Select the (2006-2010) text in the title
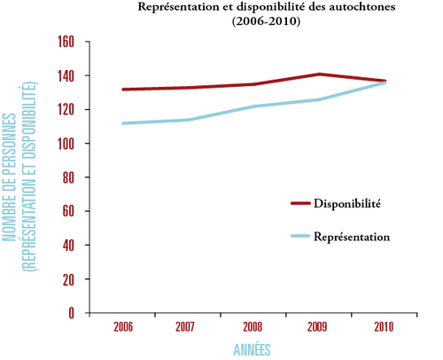tap(266, 21)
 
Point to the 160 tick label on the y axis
tap(66, 42)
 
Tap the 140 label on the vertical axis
tap(66, 75)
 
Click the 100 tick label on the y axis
tap(66, 144)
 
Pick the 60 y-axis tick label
tap(68, 211)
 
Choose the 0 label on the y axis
tap(71, 313)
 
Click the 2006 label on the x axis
tap(123, 327)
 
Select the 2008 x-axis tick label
tap(253, 327)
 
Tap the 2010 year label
tap(384, 327)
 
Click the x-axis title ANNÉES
tap(252, 349)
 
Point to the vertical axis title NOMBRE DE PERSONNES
tap(9, 177)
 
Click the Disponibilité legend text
tap(347, 204)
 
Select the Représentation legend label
tap(352, 237)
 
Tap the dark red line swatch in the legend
tap(300, 203)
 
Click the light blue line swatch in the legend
tap(300, 236)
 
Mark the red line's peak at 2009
tap(319, 74)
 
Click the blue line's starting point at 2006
tap(123, 123)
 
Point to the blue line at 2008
tap(254, 106)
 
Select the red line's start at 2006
tap(123, 90)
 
